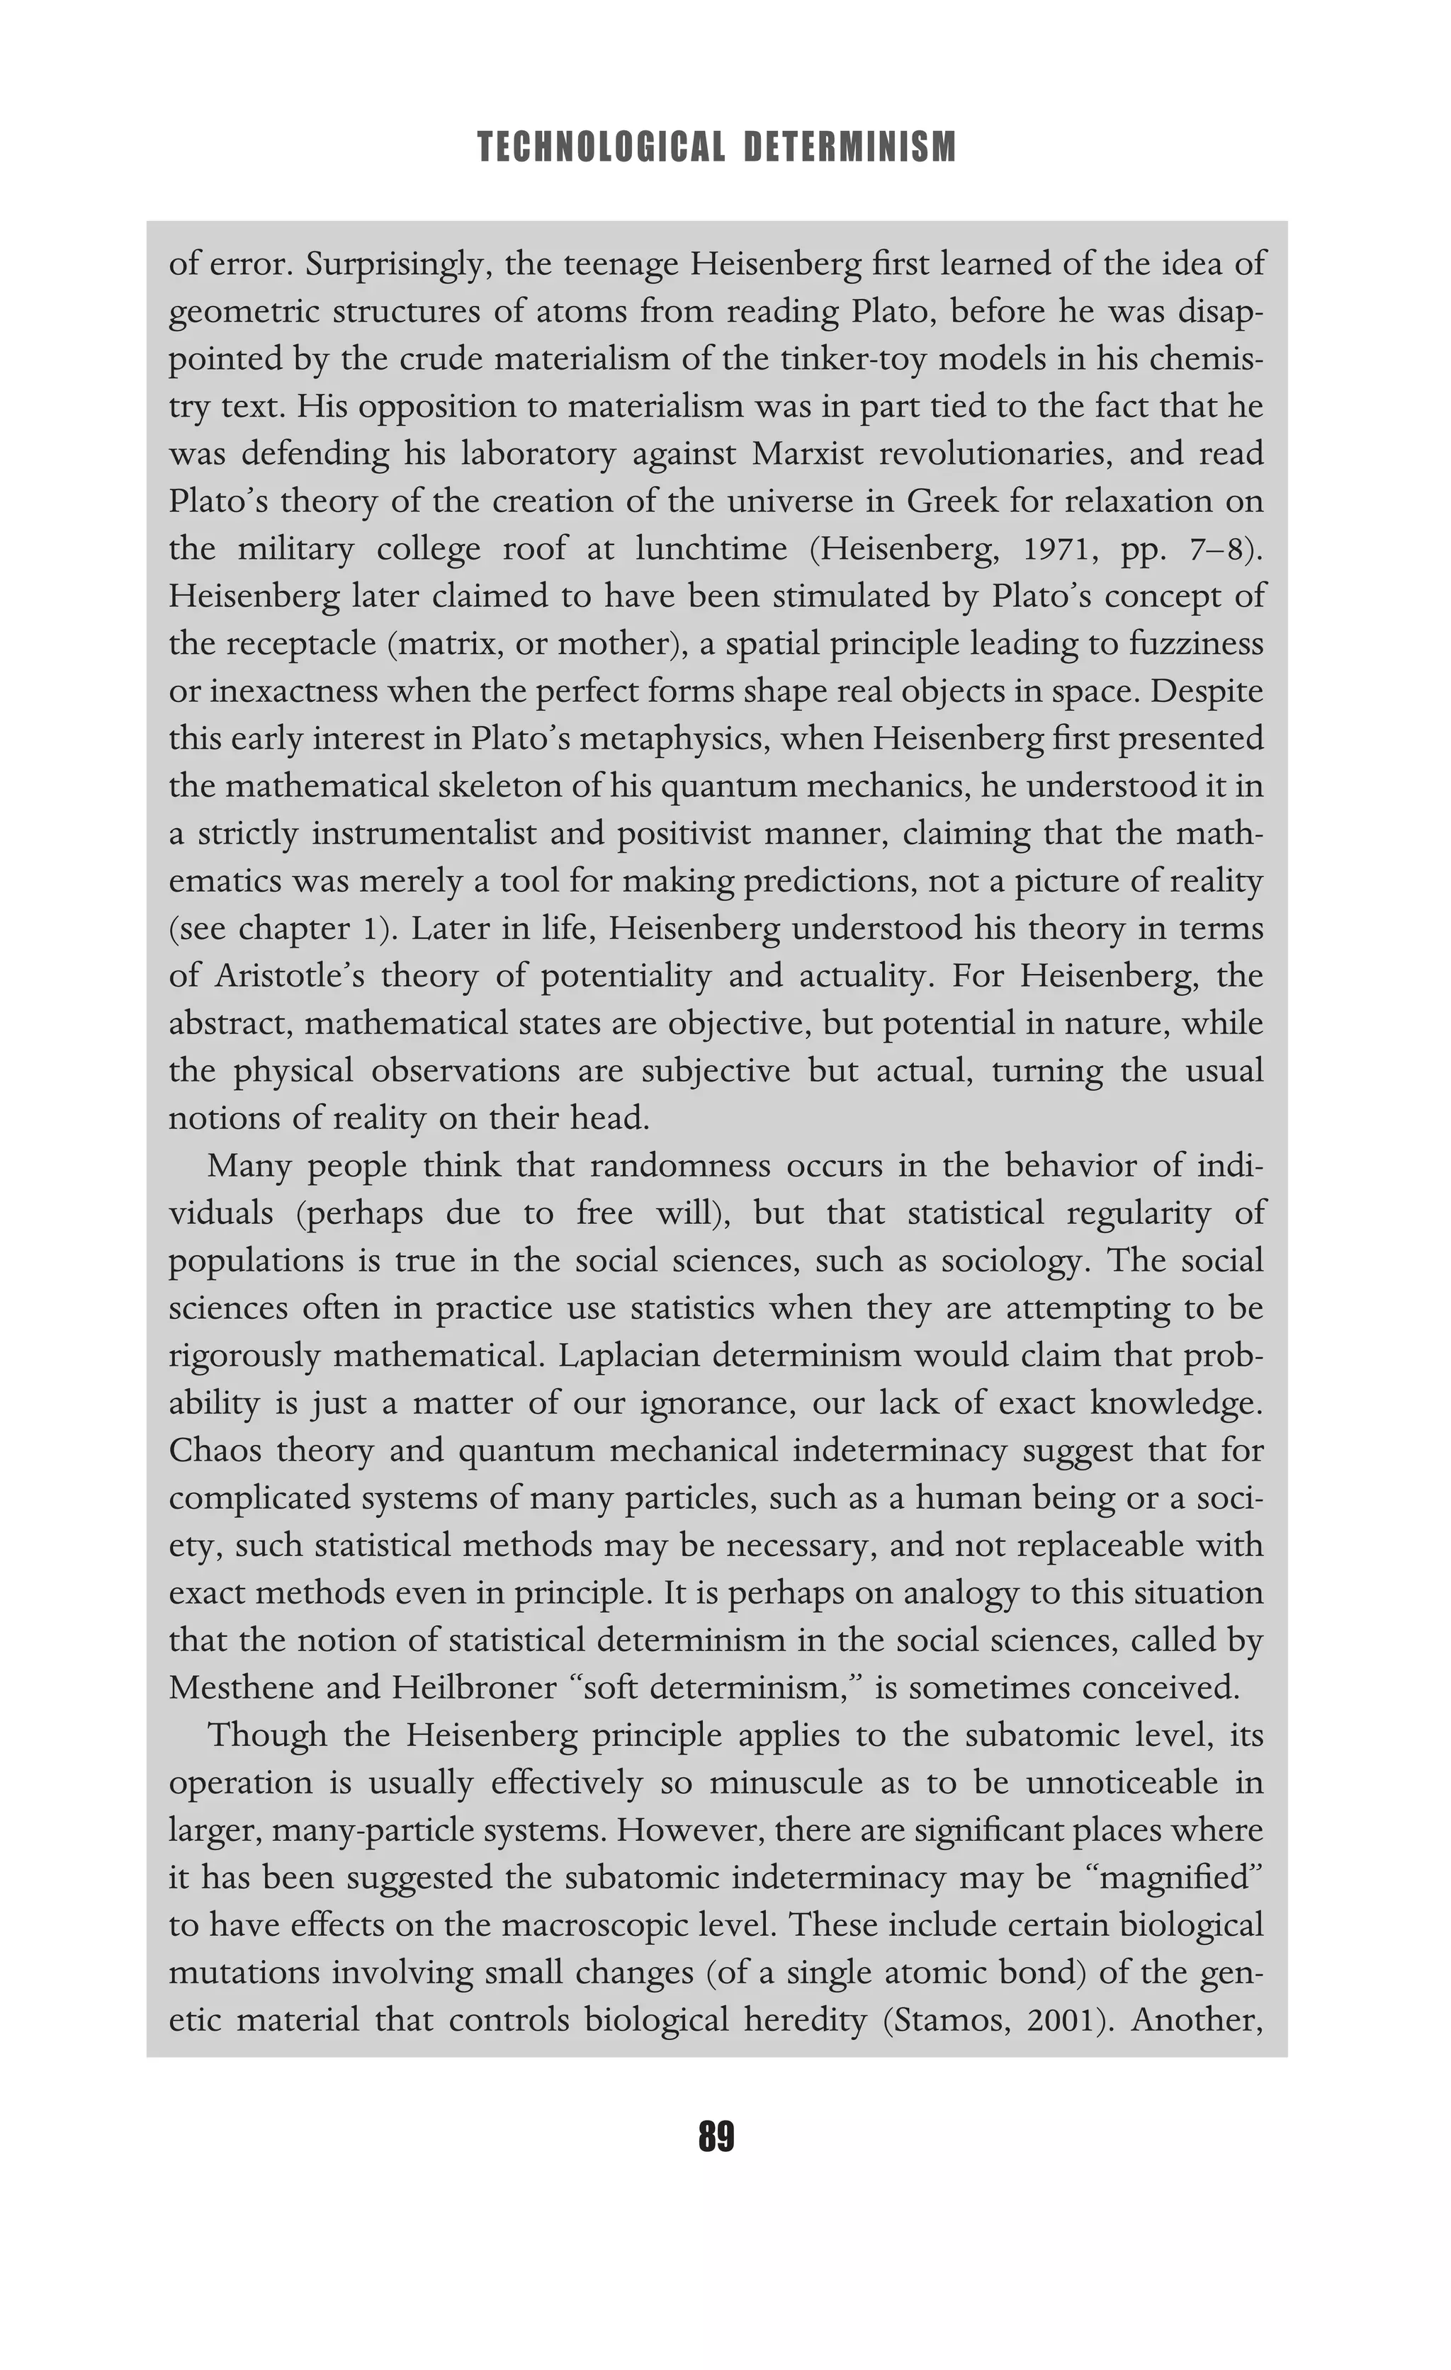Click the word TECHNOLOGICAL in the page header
tap(600, 147)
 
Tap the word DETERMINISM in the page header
tap(851, 147)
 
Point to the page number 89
tap(716, 2136)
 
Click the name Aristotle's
tap(287, 975)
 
